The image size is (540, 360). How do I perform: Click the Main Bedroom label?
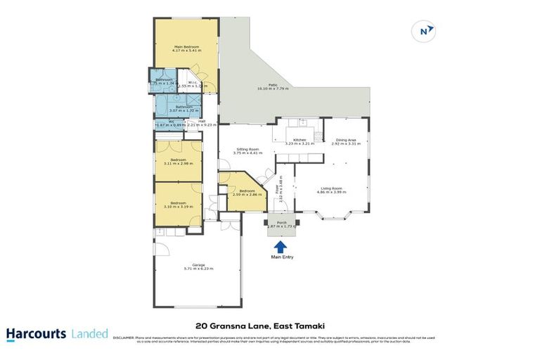tap(186, 47)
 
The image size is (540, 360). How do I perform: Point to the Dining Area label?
tap(345, 141)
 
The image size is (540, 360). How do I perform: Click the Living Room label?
tap(331, 188)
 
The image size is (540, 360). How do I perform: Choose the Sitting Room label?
tap(248, 149)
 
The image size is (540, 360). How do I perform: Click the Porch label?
tap(282, 222)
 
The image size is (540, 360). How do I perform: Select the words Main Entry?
tap(281, 257)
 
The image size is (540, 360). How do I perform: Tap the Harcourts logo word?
tap(37, 334)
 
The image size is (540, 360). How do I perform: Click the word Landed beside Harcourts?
tap(90, 334)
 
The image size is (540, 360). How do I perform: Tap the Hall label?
tap(201, 120)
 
